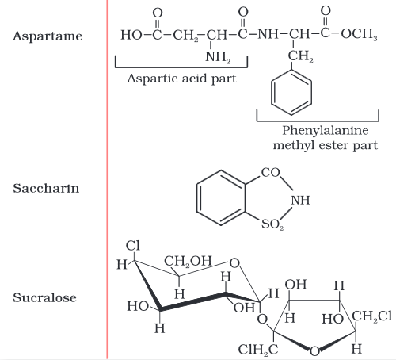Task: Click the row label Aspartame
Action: [48, 36]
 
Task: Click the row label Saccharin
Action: [46, 189]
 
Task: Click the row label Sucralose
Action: [44, 297]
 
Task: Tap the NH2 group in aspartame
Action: [218, 57]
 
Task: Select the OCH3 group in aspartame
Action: [359, 34]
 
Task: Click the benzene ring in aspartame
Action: [291, 93]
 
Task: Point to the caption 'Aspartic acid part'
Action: [181, 79]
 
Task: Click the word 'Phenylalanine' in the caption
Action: [326, 131]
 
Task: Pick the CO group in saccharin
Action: [270, 173]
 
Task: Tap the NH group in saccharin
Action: [300, 200]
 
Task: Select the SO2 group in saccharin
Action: [272, 224]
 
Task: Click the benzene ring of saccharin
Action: [221, 197]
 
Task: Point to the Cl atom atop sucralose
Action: [132, 246]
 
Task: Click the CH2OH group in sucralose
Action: [188, 262]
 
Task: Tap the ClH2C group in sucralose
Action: [258, 350]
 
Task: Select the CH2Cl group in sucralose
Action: [372, 316]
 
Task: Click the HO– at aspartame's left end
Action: [131, 35]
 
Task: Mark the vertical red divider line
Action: [107, 180]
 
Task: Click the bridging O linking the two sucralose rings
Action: [262, 320]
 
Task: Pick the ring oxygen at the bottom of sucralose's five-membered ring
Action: [314, 351]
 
